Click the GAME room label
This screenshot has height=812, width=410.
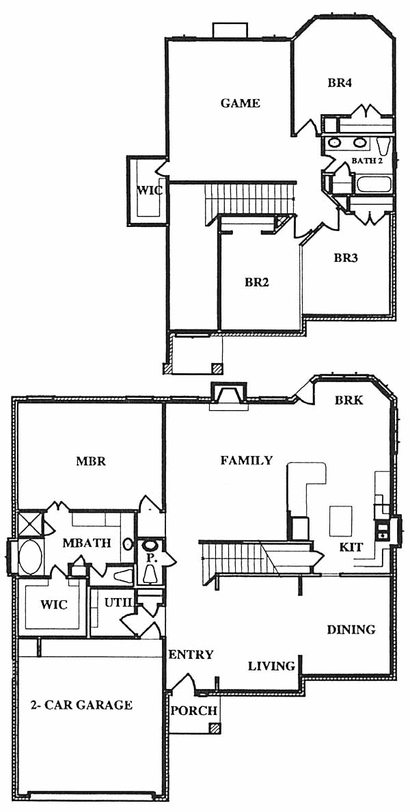241,103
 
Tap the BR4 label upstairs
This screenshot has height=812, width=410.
340,82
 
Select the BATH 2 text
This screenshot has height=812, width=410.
367,161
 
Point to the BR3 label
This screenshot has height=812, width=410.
346,258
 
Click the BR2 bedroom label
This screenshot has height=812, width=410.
258,283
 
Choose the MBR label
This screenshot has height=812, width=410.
91,461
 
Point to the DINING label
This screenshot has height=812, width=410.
351,630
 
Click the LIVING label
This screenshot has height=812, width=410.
271,666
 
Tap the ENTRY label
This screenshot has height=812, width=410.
191,655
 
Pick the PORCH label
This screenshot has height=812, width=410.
193,711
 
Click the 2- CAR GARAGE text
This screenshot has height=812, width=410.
80,704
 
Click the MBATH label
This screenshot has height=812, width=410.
87,543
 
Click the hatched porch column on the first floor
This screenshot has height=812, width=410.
213,728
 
